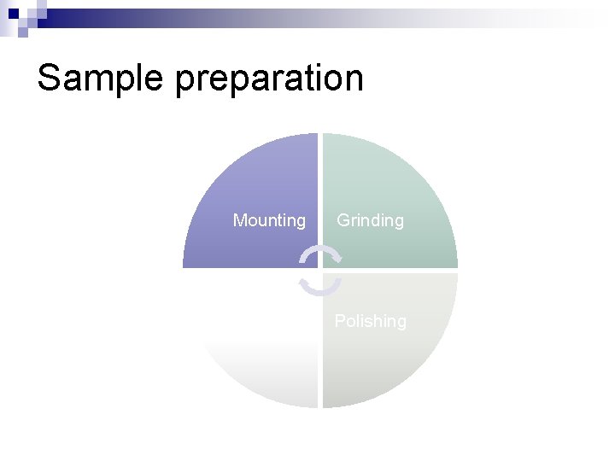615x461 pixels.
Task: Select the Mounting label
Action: [x=269, y=220]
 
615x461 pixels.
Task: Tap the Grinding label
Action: [x=370, y=220]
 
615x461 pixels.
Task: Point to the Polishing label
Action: [x=370, y=321]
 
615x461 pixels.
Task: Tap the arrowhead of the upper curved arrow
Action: [x=337, y=257]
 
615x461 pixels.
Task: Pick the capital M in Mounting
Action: [x=240, y=220]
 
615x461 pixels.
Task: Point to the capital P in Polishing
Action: [x=340, y=321]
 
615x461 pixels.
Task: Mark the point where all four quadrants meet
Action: [x=320, y=270]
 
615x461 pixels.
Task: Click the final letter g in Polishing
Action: [x=401, y=324]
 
